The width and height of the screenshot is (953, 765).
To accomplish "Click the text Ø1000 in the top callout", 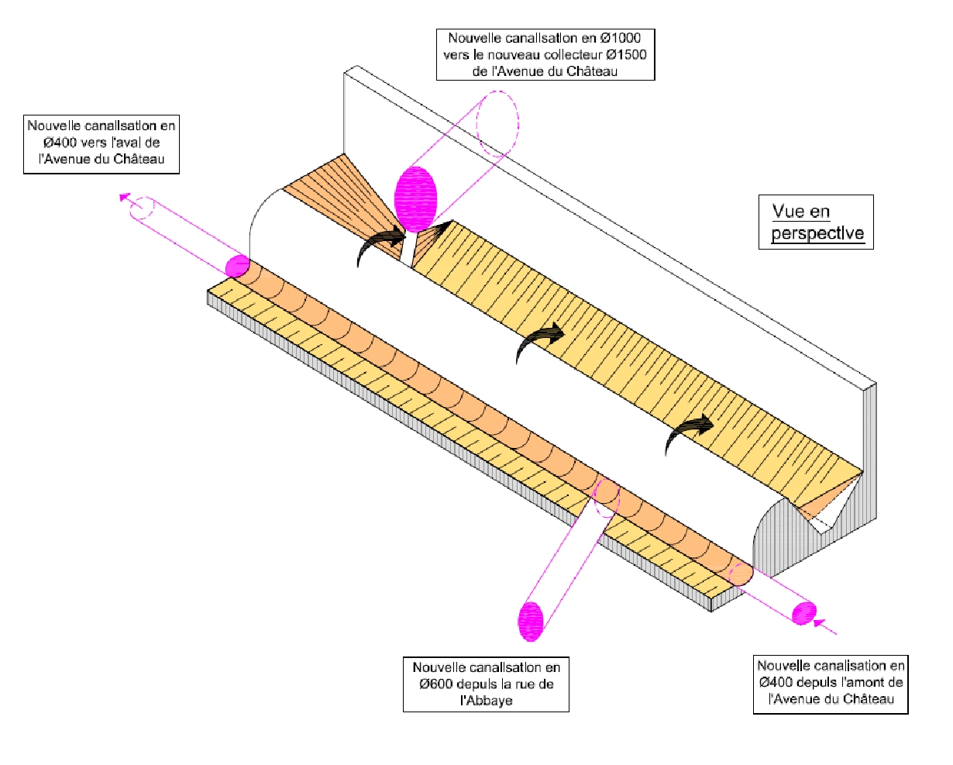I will click(621, 37).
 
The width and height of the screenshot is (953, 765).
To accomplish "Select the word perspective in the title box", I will click(817, 233).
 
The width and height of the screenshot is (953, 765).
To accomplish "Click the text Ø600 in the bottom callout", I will click(436, 684).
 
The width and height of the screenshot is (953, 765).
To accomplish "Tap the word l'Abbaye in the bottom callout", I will click(486, 701).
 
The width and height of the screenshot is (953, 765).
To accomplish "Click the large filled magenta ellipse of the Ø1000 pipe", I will click(417, 199).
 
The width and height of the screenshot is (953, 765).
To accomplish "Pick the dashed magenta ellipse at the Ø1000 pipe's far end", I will click(497, 123).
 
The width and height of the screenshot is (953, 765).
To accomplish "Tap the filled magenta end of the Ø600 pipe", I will click(532, 621).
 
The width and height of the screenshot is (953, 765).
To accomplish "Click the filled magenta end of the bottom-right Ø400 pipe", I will click(805, 612).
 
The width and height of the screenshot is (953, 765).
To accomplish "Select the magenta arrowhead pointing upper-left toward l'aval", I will click(124, 197).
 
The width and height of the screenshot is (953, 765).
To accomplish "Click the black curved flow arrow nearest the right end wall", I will click(690, 431).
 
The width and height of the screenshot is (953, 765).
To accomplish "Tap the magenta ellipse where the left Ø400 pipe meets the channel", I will click(236, 266).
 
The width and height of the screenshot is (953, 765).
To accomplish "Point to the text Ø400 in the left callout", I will click(48, 143).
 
